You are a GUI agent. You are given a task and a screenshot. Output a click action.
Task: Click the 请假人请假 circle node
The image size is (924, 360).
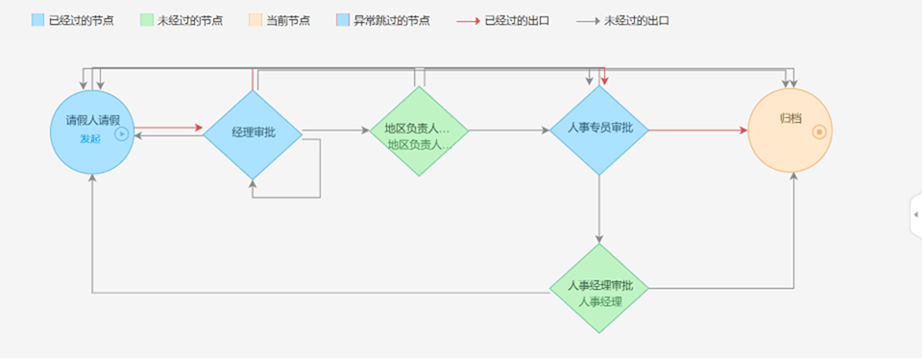[92, 132]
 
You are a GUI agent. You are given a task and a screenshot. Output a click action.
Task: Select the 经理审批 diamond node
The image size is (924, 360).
[253, 134]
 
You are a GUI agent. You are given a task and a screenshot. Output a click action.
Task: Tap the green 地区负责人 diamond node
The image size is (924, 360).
[419, 132]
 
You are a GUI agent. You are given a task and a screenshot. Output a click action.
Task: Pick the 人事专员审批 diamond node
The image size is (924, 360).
[599, 131]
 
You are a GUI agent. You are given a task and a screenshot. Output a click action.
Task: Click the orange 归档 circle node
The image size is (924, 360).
[790, 131]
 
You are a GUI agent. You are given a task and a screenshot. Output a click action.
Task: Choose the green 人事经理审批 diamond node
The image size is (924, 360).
[599, 289]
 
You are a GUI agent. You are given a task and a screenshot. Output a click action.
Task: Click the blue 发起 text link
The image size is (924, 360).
[90, 139]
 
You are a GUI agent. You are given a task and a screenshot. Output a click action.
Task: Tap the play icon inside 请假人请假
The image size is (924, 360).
[121, 133]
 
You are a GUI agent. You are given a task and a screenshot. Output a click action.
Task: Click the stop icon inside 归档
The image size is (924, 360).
[819, 132]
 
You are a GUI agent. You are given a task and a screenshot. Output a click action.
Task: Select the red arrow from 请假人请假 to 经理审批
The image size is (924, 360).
[168, 128]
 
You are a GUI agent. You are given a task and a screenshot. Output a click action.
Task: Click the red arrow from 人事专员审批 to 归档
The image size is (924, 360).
[698, 131]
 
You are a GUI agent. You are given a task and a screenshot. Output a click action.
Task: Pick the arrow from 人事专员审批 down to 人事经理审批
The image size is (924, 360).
[599, 209]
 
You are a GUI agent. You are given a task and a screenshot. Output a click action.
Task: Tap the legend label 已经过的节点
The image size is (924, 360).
[82, 21]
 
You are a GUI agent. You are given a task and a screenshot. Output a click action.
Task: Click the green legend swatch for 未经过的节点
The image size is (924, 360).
[146, 20]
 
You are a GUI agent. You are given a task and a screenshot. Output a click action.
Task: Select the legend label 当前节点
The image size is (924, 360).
[288, 21]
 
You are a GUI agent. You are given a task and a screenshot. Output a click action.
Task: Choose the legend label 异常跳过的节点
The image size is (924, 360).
[392, 21]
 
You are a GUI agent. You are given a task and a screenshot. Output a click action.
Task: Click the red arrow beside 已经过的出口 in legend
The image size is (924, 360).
[469, 21]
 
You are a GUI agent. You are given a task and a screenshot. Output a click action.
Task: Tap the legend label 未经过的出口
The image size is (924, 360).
[637, 21]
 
